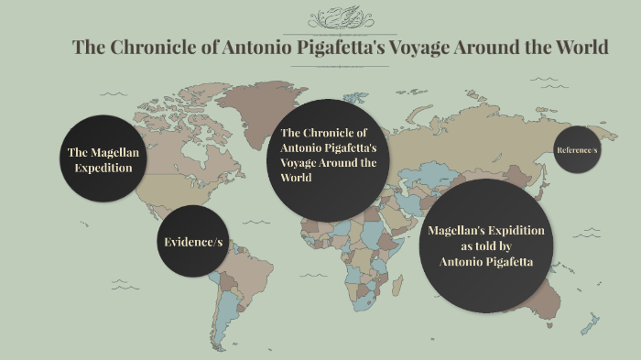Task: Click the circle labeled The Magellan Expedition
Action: pos(103,159)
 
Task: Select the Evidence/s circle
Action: pos(192,242)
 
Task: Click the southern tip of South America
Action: pos(220,337)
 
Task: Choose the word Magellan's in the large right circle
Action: pos(461,230)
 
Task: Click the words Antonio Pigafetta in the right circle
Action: pos(485,262)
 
